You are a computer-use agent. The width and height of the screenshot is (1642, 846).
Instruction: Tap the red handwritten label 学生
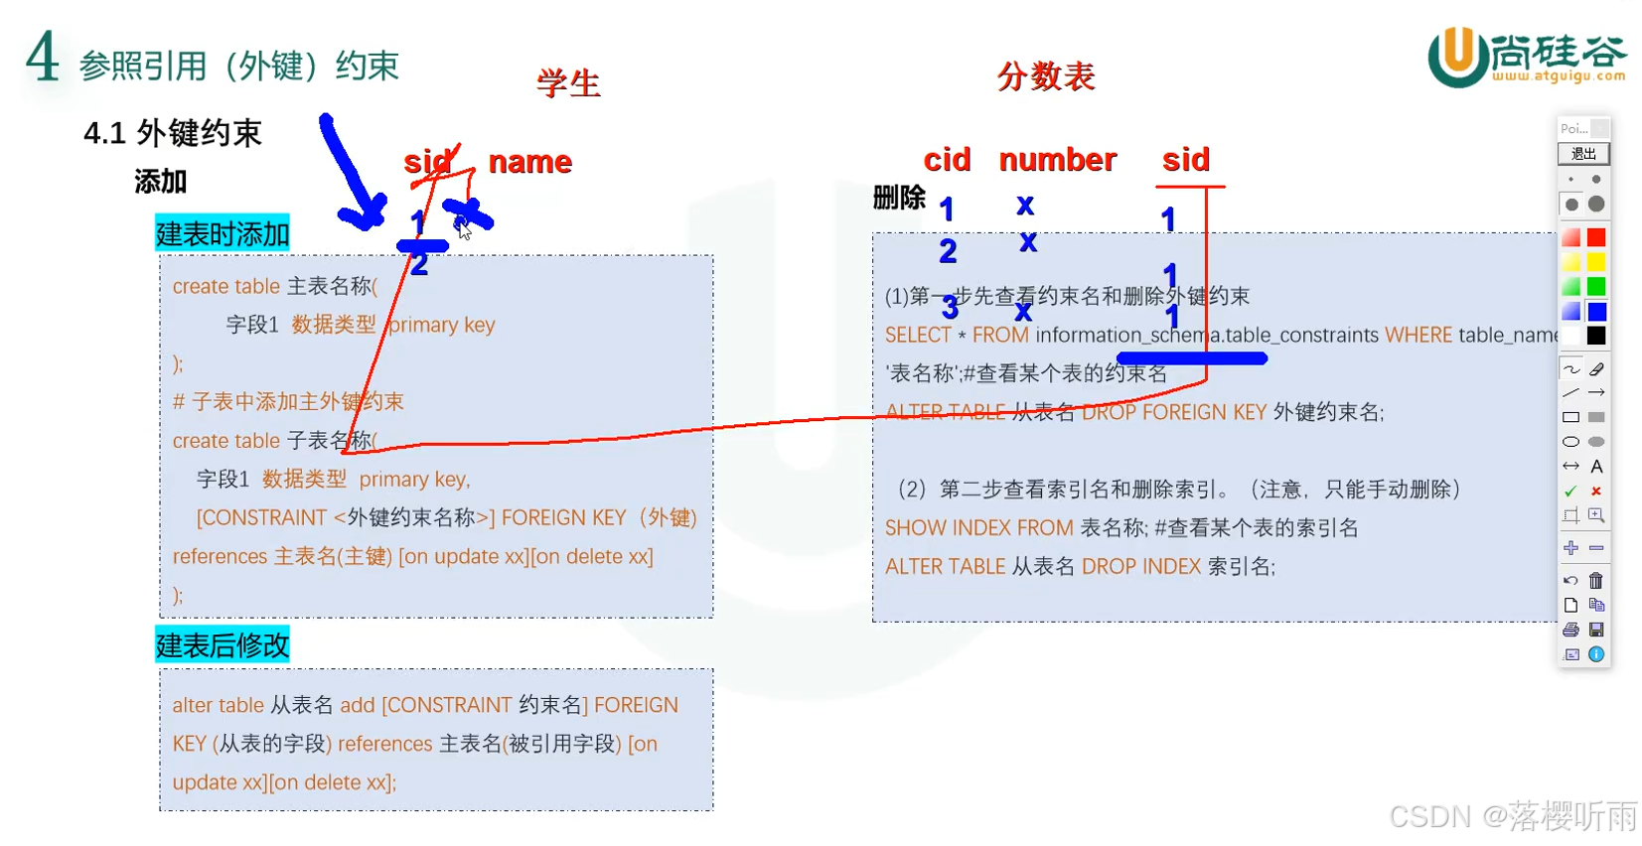[x=568, y=83]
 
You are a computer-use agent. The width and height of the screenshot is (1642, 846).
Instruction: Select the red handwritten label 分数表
[x=1046, y=76]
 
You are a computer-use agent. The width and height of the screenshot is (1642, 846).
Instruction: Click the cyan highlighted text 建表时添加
[x=223, y=234]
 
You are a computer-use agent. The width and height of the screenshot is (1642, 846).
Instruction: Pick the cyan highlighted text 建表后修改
[x=223, y=645]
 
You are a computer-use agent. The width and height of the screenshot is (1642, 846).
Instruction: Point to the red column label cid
[x=947, y=160]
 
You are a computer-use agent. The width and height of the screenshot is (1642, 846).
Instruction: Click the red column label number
[x=1057, y=160]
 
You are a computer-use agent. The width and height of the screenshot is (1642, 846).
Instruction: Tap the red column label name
[x=529, y=162]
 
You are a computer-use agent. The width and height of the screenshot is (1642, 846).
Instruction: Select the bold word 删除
[x=899, y=198]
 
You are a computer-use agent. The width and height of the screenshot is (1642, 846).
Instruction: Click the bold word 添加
[x=161, y=182]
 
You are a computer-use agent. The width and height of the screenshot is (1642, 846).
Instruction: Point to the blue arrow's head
[x=368, y=213]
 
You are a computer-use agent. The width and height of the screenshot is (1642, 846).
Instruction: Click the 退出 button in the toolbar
[x=1583, y=154]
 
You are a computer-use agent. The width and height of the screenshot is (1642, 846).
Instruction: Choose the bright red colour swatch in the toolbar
[x=1596, y=237]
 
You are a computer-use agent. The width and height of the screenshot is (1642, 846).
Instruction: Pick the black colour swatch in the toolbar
[x=1596, y=336]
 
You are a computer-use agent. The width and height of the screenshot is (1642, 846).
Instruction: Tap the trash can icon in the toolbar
[x=1596, y=581]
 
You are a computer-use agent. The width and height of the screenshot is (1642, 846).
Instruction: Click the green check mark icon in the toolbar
[x=1570, y=492]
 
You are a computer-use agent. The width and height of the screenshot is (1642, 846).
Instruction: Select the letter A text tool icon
[x=1596, y=467]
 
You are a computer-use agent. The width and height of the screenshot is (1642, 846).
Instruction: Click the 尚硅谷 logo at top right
[x=1527, y=58]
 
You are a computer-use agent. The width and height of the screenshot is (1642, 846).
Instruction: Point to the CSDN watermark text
[x=1512, y=816]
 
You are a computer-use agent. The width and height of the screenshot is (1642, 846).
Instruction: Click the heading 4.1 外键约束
[x=173, y=133]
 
